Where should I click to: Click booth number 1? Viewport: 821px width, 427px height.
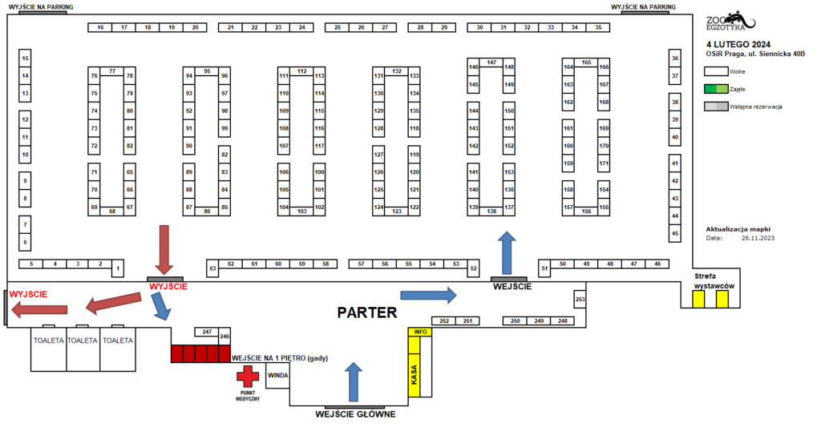118,268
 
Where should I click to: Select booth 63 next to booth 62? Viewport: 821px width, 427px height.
212,268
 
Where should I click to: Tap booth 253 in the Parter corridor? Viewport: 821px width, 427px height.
580,300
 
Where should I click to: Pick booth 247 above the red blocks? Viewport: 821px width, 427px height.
207,332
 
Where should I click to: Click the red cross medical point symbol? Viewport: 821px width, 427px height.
248,377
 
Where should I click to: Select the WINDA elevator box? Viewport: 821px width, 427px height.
277,376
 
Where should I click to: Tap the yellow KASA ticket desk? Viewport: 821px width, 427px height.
415,375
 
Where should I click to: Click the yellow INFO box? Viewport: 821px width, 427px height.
420,332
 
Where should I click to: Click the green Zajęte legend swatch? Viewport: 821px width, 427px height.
716,89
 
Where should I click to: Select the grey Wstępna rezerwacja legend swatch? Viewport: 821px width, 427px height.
716,107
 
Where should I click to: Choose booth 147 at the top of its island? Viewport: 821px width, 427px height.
491,62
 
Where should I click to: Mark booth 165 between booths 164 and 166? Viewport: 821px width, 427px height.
586,62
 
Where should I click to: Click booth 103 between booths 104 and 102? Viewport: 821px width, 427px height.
301,211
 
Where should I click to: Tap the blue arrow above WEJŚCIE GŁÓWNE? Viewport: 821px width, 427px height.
354,382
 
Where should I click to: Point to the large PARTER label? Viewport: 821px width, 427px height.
367,312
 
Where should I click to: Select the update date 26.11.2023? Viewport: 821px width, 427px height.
758,238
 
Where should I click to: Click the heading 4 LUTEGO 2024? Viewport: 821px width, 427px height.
738,45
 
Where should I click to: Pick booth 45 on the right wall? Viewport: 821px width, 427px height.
675,233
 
